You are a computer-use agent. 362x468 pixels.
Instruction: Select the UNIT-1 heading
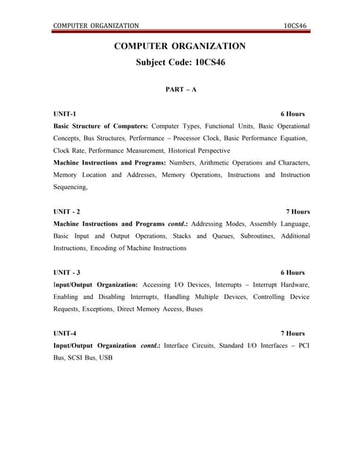(64, 114)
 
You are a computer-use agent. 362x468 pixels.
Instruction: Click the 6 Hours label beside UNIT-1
(293, 114)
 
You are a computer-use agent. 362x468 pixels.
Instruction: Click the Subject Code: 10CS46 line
(181, 63)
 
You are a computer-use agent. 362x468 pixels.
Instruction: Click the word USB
(106, 358)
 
